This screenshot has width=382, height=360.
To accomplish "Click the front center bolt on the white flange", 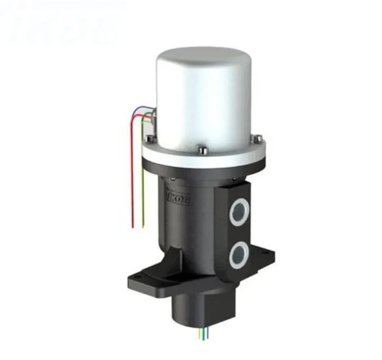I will tap(200, 150).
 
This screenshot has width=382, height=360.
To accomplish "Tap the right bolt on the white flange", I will tap(258, 138).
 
